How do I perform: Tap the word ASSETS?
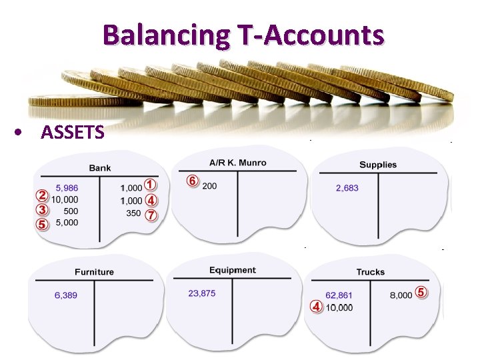click(x=72, y=133)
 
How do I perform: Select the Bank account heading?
click(x=100, y=168)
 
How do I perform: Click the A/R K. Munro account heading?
click(x=237, y=162)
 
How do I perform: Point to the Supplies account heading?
click(x=378, y=165)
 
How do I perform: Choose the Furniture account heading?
click(x=94, y=272)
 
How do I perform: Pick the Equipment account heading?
click(x=232, y=270)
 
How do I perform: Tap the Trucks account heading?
click(x=371, y=272)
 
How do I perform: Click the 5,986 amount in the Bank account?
click(x=67, y=188)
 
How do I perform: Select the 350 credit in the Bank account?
click(x=133, y=213)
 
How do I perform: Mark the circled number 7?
click(x=151, y=215)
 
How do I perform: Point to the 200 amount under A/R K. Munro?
click(x=209, y=185)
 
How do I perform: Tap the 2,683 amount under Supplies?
click(x=347, y=188)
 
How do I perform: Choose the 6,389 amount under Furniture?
click(x=65, y=295)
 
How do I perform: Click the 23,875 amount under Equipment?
click(x=202, y=293)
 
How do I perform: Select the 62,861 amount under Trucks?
click(x=339, y=295)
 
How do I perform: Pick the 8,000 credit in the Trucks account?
click(x=400, y=295)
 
